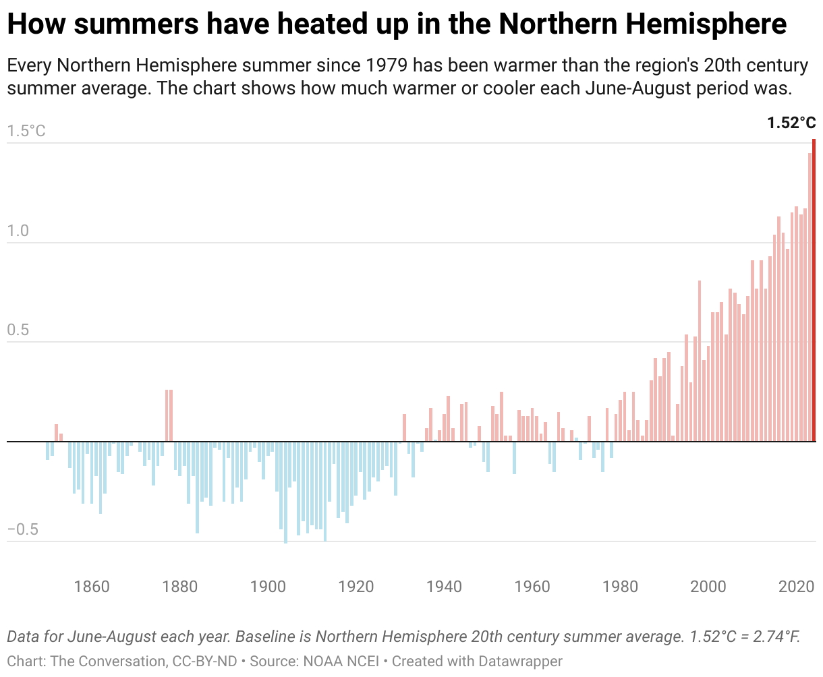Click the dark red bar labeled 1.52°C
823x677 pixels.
(814, 290)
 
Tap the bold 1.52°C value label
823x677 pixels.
(791, 123)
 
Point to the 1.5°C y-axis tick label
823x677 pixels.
(26, 131)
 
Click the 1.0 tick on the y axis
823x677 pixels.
(19, 231)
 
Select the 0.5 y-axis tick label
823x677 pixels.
(19, 330)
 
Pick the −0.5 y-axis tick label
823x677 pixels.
(23, 530)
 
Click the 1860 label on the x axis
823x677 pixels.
(92, 587)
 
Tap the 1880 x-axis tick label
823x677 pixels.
(180, 587)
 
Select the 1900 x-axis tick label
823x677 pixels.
(268, 587)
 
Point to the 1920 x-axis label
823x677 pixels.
(356, 587)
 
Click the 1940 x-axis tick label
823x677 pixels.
(445, 587)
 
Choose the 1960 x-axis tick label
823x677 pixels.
(532, 587)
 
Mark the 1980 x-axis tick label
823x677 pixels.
(621, 587)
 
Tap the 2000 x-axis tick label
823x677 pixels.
(708, 587)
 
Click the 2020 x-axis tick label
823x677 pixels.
(797, 587)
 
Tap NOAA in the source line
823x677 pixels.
(318, 661)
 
